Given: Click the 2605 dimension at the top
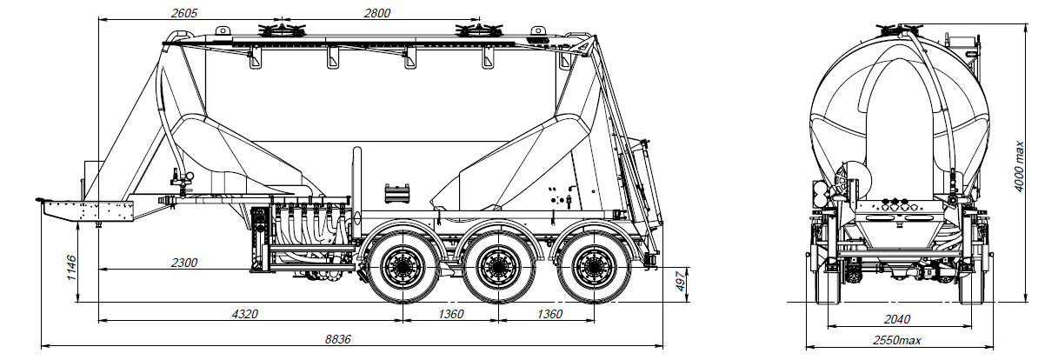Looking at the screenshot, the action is [184, 13].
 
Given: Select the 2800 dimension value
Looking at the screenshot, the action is [377, 13].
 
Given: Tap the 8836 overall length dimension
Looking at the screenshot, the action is [338, 339].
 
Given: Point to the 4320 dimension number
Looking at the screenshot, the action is [245, 314].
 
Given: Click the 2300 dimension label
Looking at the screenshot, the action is [184, 263].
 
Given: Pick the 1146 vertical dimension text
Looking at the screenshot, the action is [71, 267].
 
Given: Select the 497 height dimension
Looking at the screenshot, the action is [681, 281].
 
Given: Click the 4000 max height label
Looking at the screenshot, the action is [1019, 166].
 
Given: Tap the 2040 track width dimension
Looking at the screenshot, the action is [897, 319].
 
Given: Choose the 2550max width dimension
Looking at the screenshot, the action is [897, 340].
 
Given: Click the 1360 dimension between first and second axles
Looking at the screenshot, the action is [450, 314].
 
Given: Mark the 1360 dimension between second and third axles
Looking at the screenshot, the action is [549, 314].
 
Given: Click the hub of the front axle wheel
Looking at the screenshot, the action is [403, 267].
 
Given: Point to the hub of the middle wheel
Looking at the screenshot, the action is [498, 267].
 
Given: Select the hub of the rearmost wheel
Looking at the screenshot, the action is [594, 267].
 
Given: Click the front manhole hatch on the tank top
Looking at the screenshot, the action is [282, 30].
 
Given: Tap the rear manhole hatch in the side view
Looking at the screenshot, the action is [479, 30].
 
